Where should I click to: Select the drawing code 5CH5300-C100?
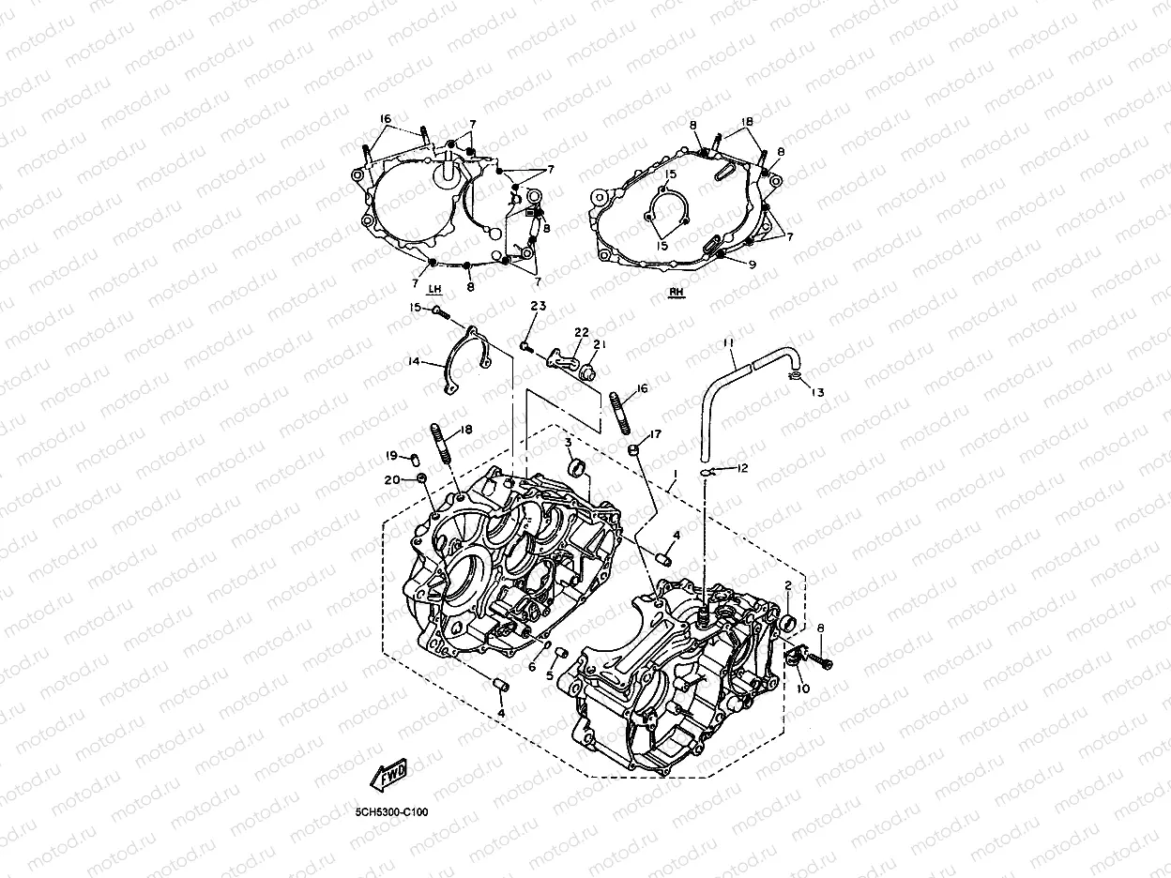click(391, 812)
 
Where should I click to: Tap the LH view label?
click(433, 290)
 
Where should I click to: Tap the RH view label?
click(677, 292)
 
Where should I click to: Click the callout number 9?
click(752, 265)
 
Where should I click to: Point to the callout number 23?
click(537, 307)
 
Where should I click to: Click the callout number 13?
click(817, 393)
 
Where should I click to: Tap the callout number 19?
click(392, 456)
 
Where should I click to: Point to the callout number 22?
click(582, 333)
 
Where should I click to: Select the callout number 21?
click(600, 344)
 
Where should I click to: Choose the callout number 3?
click(569, 441)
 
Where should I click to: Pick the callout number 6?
click(531, 666)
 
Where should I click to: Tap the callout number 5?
click(550, 675)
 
